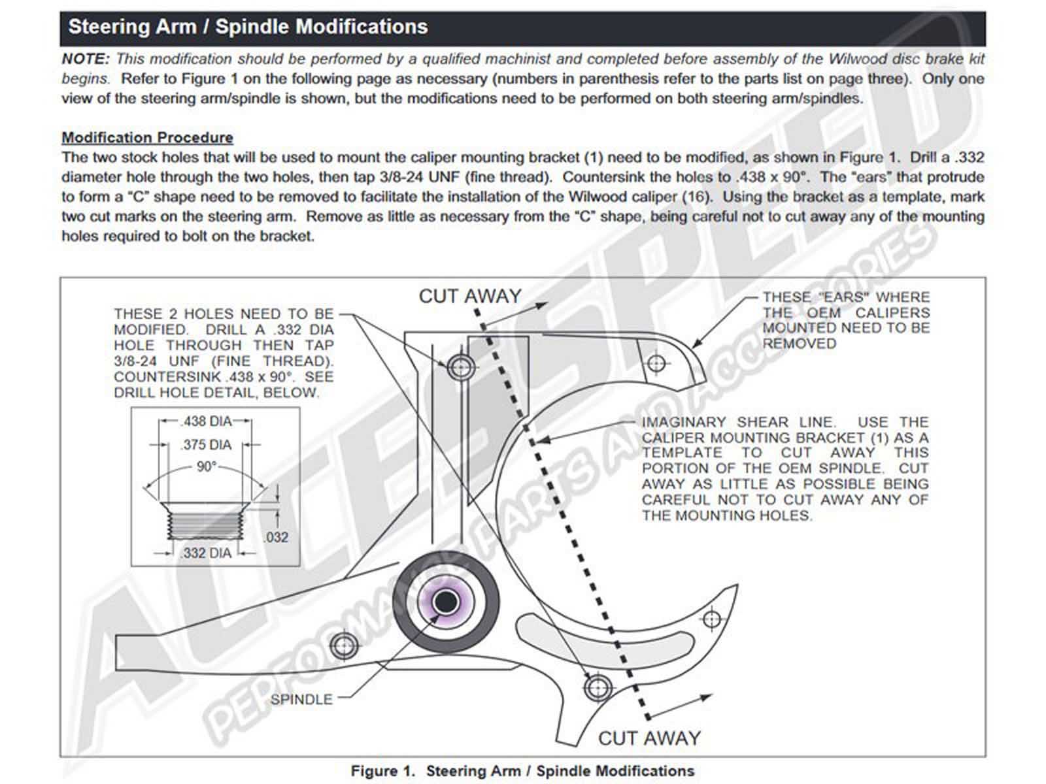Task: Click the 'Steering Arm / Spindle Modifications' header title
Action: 248,27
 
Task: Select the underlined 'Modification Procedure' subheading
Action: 147,138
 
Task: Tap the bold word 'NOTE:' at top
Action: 86,59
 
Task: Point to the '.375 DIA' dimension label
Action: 207,445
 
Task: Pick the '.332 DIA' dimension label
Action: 206,553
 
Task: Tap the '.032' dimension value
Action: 275,538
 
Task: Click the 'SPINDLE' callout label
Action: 301,699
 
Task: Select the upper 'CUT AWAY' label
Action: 469,296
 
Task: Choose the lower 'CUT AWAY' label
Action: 649,738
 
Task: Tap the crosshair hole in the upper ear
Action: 656,363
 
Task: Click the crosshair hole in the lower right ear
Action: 712,619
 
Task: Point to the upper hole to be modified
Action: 462,367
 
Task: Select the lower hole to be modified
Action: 597,687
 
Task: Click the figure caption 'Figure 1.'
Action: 382,771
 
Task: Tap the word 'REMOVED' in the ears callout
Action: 799,344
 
